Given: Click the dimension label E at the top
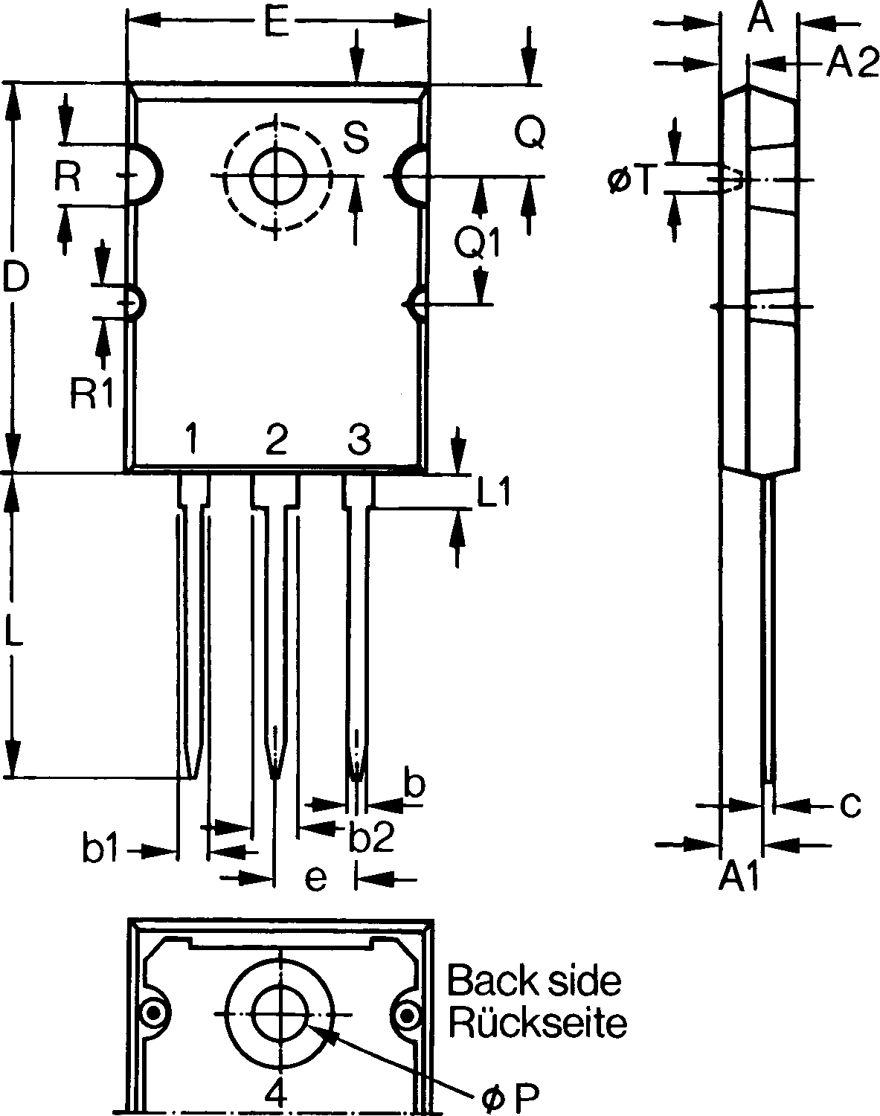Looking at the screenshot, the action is pyautogui.click(x=275, y=22).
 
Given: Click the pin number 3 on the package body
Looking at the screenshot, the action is pyautogui.click(x=359, y=438).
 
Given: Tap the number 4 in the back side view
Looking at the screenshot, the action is pyautogui.click(x=275, y=1096).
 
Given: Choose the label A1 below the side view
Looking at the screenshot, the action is pyautogui.click(x=739, y=876).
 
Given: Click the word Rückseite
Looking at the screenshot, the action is pyautogui.click(x=538, y=1024).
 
